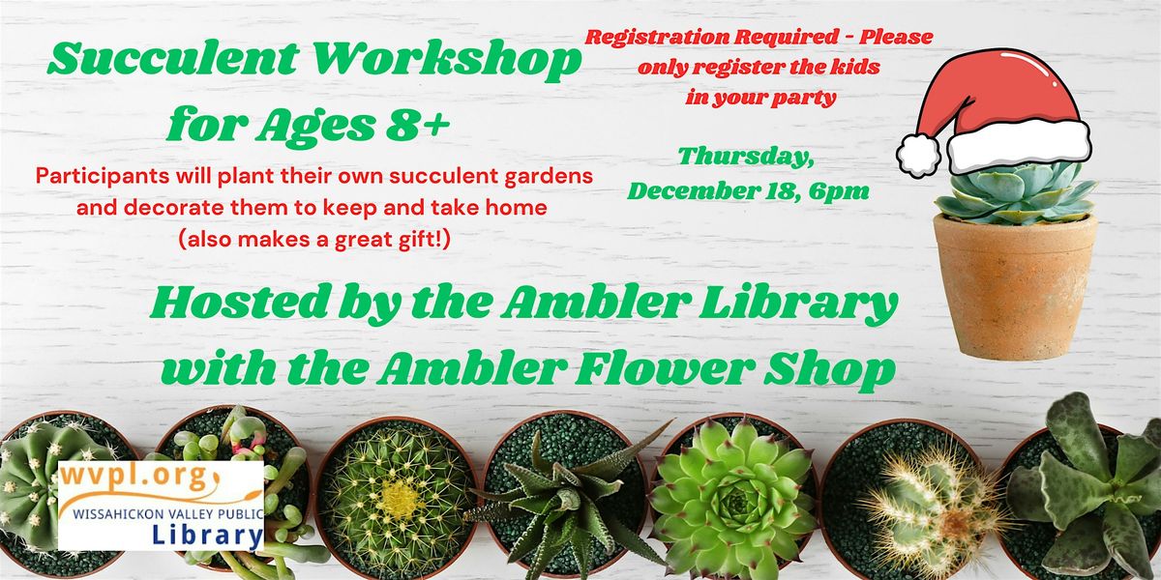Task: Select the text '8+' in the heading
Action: pyautogui.click(x=413, y=124)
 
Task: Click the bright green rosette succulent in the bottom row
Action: pyautogui.click(x=731, y=488)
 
